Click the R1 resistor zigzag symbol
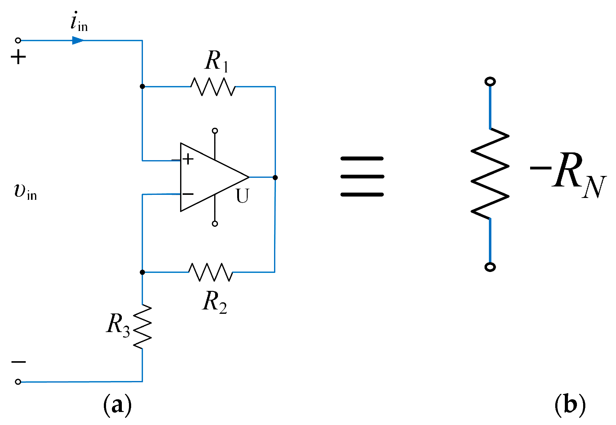213,87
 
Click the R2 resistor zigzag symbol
211,272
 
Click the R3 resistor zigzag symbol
142,326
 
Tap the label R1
216,61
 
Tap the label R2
214,302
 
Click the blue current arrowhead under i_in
78,41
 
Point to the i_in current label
79,22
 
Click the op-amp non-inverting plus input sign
188,159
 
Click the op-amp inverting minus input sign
188,194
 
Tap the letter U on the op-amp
242,196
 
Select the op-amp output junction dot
275,177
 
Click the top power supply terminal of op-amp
215,131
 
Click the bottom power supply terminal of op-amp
215,224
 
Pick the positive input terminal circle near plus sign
18,41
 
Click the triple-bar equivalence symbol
362,177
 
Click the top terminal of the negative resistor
490,82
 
